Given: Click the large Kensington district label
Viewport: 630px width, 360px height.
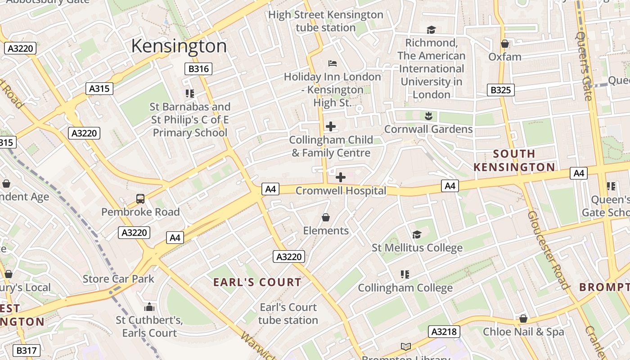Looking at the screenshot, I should point(179,46).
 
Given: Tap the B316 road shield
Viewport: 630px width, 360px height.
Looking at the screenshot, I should point(198,69).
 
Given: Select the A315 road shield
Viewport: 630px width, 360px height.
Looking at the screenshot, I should point(99,89).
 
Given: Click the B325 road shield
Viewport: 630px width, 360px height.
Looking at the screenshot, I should point(500,90).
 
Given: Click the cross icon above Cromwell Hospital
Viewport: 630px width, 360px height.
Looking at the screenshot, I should point(341,177).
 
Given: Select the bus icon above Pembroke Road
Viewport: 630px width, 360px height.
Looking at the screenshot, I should point(140,198).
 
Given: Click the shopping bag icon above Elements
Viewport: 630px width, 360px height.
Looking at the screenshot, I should point(326,218).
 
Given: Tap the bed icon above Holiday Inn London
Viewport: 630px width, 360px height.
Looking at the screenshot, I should point(333,63).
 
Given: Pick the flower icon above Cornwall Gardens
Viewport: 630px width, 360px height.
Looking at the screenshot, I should point(428,116).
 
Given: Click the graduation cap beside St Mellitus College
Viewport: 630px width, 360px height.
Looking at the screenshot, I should point(417,235).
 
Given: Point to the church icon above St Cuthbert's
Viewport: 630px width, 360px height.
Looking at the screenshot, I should point(149,307).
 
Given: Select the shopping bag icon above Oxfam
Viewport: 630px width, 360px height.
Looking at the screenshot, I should point(505,44).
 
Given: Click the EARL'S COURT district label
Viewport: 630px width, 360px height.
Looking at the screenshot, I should point(257,282).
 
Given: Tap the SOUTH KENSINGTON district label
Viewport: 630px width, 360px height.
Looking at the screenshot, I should point(514,160).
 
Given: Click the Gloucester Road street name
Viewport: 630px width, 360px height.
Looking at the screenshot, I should point(548,250).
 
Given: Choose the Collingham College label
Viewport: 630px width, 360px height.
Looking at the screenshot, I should point(405,288).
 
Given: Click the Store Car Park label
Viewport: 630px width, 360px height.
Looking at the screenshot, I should point(118,279).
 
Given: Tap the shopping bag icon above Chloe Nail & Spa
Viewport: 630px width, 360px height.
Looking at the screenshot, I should point(523,319).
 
